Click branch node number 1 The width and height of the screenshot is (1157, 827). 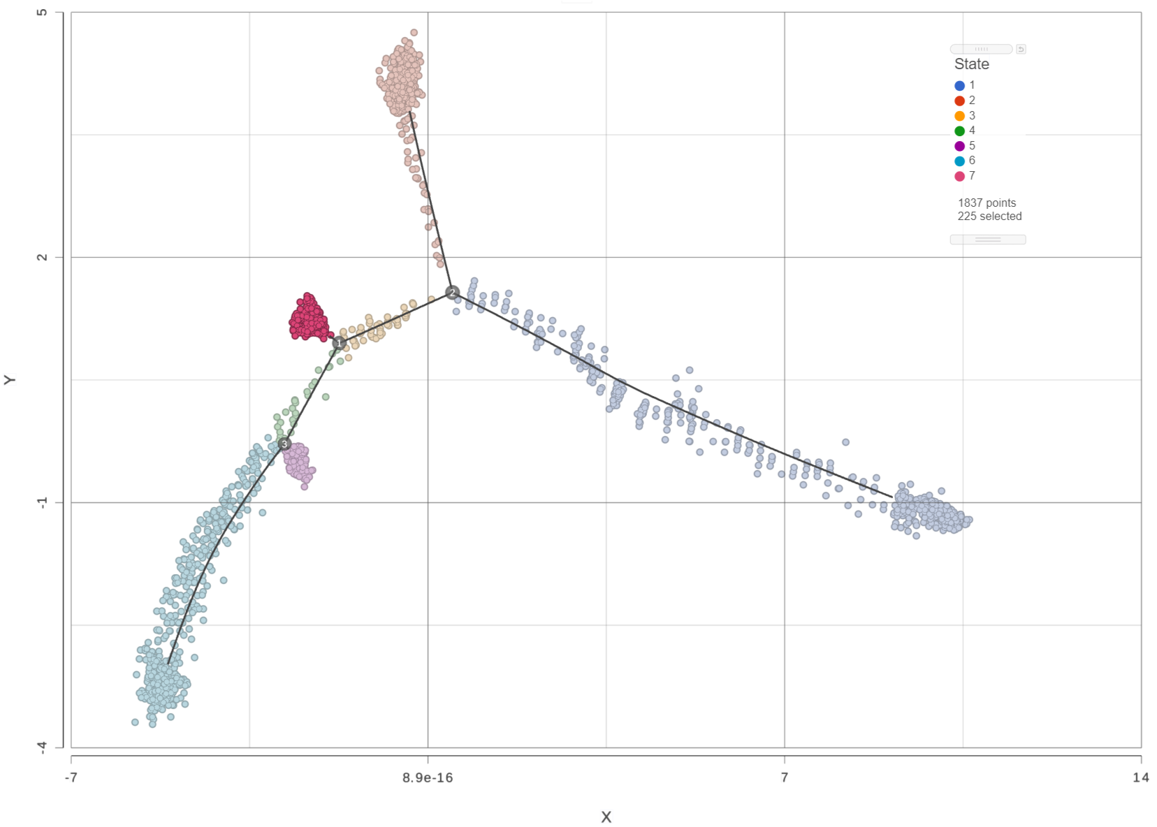click(339, 343)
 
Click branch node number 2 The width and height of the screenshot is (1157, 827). click(453, 292)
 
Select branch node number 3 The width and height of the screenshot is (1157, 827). click(284, 444)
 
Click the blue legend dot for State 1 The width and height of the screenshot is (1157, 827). click(960, 86)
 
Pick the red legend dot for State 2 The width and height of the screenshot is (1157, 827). click(960, 101)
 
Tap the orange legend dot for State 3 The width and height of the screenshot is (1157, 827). click(960, 116)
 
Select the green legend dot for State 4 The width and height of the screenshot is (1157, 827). click(960, 131)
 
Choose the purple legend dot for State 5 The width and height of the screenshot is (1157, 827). click(960, 146)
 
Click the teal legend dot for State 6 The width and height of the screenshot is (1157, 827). click(960, 161)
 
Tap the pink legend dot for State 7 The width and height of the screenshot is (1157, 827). click(960, 176)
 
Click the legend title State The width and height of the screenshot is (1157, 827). click(972, 64)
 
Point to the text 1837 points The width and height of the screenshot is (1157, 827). click(987, 203)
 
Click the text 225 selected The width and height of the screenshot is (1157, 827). click(989, 217)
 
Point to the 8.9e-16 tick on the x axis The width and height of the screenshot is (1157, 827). click(428, 778)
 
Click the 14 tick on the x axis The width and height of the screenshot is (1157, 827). click(1140, 778)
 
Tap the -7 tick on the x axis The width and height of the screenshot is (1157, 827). click(71, 778)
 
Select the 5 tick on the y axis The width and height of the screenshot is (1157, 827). click(43, 13)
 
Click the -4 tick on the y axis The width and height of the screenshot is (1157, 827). click(43, 747)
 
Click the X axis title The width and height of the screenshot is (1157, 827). click(606, 817)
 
